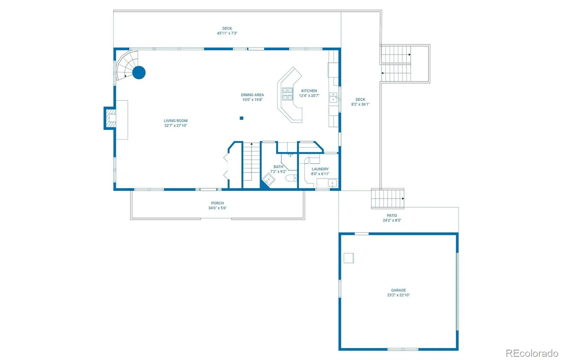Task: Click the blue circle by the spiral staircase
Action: pos(139,73)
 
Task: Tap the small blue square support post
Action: pos(242,118)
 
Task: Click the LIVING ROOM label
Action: pos(176,121)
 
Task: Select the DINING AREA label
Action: pos(252,95)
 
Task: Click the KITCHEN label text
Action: pos(309,91)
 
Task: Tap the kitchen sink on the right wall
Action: pos(333,97)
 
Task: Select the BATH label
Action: pos(278,167)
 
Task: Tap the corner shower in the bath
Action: pos(269,180)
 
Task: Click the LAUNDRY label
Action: pos(320,169)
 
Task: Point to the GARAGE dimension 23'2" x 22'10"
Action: pos(398,295)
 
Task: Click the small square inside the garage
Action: pos(348,258)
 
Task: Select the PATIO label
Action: pos(392,216)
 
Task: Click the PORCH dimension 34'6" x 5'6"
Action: pos(217,208)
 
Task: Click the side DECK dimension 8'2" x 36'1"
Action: pos(360,104)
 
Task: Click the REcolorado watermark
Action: pos(531,353)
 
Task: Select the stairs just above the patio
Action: pos(387,198)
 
